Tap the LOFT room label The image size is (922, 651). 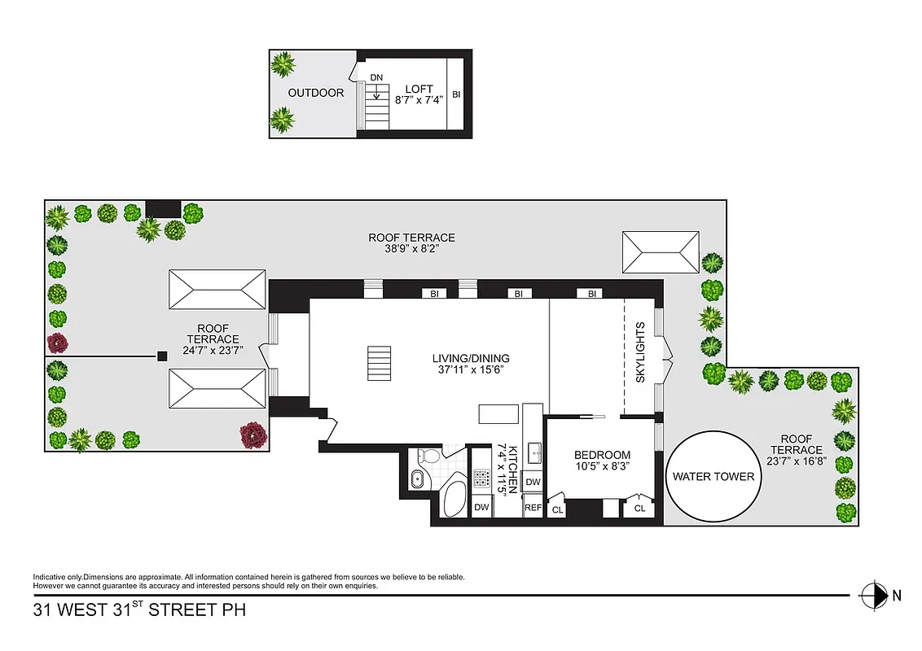[419, 90]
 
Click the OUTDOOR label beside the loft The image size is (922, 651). [316, 93]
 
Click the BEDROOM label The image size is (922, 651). [602, 455]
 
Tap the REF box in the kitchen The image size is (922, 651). [533, 508]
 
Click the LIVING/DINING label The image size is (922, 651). [476, 358]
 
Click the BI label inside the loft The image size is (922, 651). [456, 94]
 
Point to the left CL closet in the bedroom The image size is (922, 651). [558, 509]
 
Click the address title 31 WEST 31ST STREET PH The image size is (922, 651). [138, 609]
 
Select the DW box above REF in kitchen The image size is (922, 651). [533, 482]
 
